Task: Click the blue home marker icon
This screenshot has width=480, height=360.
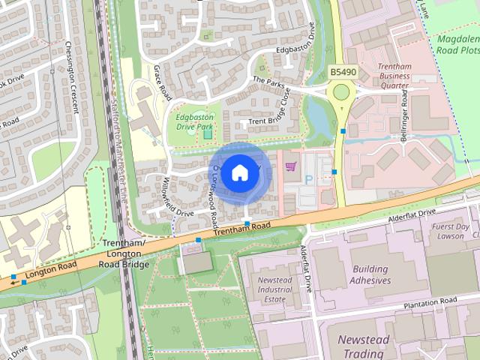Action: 239,173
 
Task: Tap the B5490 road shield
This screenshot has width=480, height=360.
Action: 342,72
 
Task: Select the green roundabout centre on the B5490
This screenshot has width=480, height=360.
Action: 342,92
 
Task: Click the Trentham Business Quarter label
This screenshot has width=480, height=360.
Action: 394,76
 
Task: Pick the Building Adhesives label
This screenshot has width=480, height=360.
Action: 370,275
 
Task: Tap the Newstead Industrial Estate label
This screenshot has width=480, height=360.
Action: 274,289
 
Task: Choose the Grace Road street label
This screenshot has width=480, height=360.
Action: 163,82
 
